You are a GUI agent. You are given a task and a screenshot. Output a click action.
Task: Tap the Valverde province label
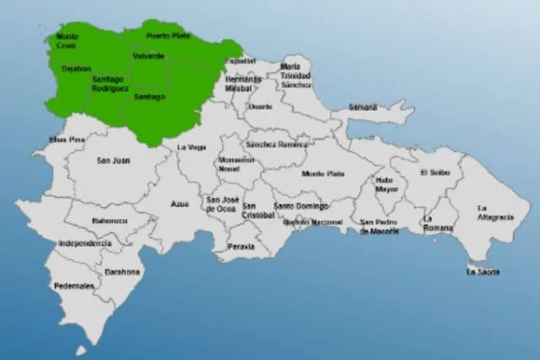tap(148, 56)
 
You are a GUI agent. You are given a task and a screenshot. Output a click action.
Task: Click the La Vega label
tap(191, 147)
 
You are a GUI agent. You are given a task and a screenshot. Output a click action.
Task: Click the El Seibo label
tap(434, 172)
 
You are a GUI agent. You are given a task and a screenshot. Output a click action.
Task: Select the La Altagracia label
tap(495, 212)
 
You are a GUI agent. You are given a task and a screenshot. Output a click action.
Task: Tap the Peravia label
tap(241, 246)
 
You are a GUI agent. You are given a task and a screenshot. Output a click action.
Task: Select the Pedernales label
tap(75, 285)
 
